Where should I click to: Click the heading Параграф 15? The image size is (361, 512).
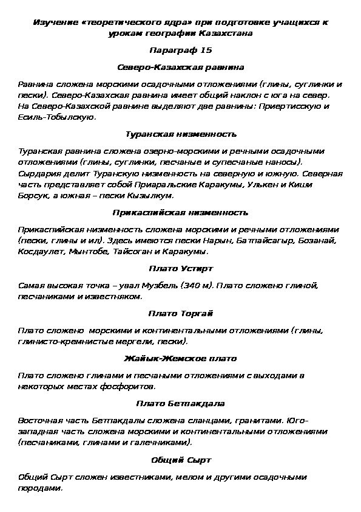click(180, 49)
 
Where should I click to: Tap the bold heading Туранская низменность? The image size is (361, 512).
click(180, 133)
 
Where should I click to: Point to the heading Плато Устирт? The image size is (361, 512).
click(180, 268)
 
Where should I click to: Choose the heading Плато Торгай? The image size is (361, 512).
click(180, 313)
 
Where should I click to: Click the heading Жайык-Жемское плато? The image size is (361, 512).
click(180, 358)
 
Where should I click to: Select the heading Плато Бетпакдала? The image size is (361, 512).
click(180, 403)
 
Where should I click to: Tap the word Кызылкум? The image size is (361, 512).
click(153, 196)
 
